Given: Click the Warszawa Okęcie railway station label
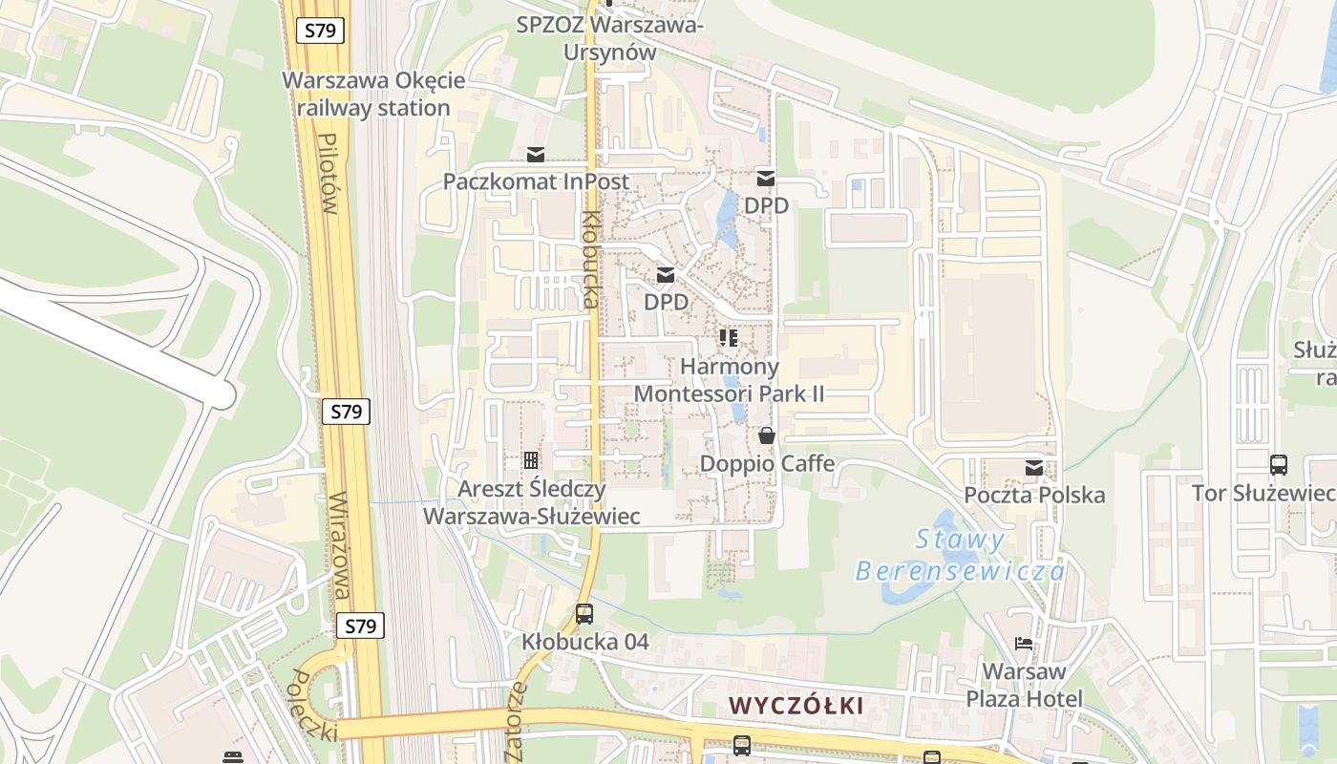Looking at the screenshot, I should coord(373,94).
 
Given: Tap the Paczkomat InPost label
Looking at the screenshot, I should coord(536,181).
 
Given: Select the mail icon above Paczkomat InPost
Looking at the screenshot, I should coord(536,155).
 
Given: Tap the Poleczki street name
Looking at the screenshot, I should coord(313,705).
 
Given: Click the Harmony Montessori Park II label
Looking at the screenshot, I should coord(729,380).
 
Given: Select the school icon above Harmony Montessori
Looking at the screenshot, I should coord(729,338).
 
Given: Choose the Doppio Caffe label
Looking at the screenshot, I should coord(767,464).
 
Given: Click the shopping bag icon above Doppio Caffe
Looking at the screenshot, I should coord(767,436).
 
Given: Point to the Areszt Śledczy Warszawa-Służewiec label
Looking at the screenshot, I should coord(531,502).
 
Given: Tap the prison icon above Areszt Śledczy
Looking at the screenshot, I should coord(531,460).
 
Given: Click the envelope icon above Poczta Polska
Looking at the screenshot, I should coord(1034,468).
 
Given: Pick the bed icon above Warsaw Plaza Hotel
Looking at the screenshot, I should coord(1024,644).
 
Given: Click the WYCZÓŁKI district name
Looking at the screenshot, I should coord(796,706).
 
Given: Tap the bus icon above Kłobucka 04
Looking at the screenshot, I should coord(584,614).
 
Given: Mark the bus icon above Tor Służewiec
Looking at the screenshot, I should coord(1279,465).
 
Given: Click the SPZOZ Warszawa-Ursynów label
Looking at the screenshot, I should coord(609,38).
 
